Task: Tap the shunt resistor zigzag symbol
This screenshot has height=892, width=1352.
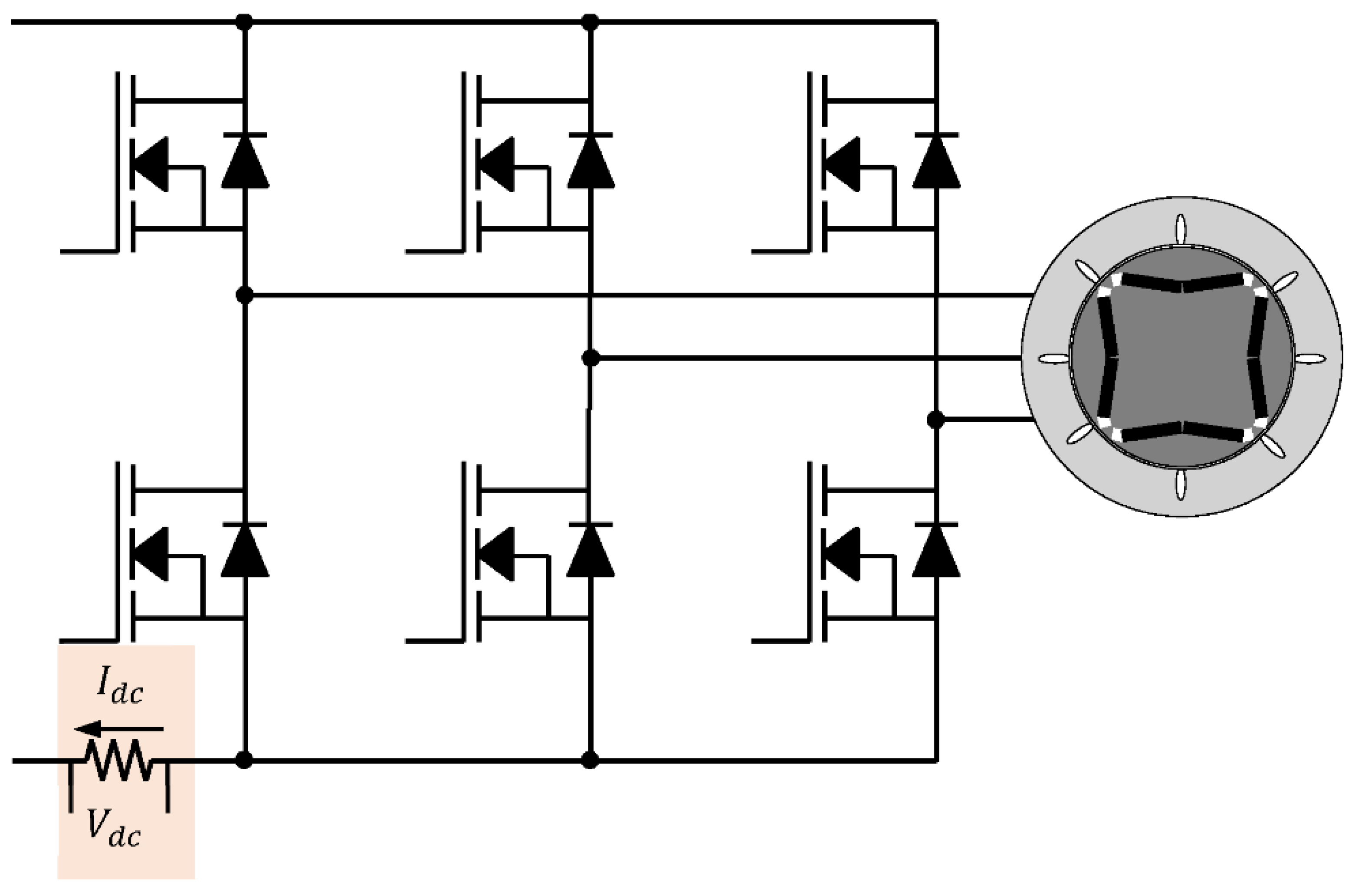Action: [x=119, y=761]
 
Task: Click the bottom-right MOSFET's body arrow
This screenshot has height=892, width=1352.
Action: [x=841, y=553]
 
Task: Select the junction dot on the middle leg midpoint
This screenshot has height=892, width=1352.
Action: [x=591, y=358]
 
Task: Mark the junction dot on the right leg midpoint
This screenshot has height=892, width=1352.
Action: [x=935, y=420]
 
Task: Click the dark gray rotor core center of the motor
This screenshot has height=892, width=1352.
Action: [x=1181, y=358]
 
